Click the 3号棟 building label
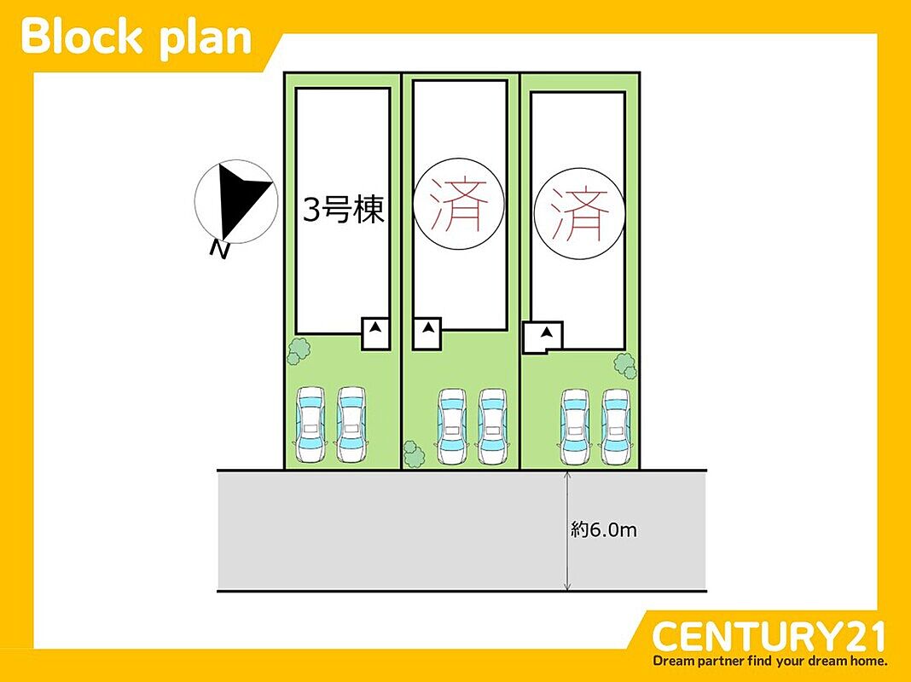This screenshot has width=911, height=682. [344, 210]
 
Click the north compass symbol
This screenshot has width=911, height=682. [235, 201]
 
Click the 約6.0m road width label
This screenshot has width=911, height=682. [604, 530]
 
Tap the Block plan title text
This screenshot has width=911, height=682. [136, 37]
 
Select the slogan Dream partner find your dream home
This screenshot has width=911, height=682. [770, 661]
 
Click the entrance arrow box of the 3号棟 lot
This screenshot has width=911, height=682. [375, 332]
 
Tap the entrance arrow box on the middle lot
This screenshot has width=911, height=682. [427, 333]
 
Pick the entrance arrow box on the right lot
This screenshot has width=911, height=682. [543, 337]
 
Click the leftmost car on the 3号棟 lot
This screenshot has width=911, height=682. [310, 425]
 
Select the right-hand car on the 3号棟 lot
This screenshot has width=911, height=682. [351, 425]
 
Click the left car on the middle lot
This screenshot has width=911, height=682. [452, 426]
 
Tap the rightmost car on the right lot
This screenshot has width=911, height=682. [616, 426]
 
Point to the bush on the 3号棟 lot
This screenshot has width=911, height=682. [299, 350]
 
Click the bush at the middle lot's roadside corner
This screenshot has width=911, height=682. [415, 454]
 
